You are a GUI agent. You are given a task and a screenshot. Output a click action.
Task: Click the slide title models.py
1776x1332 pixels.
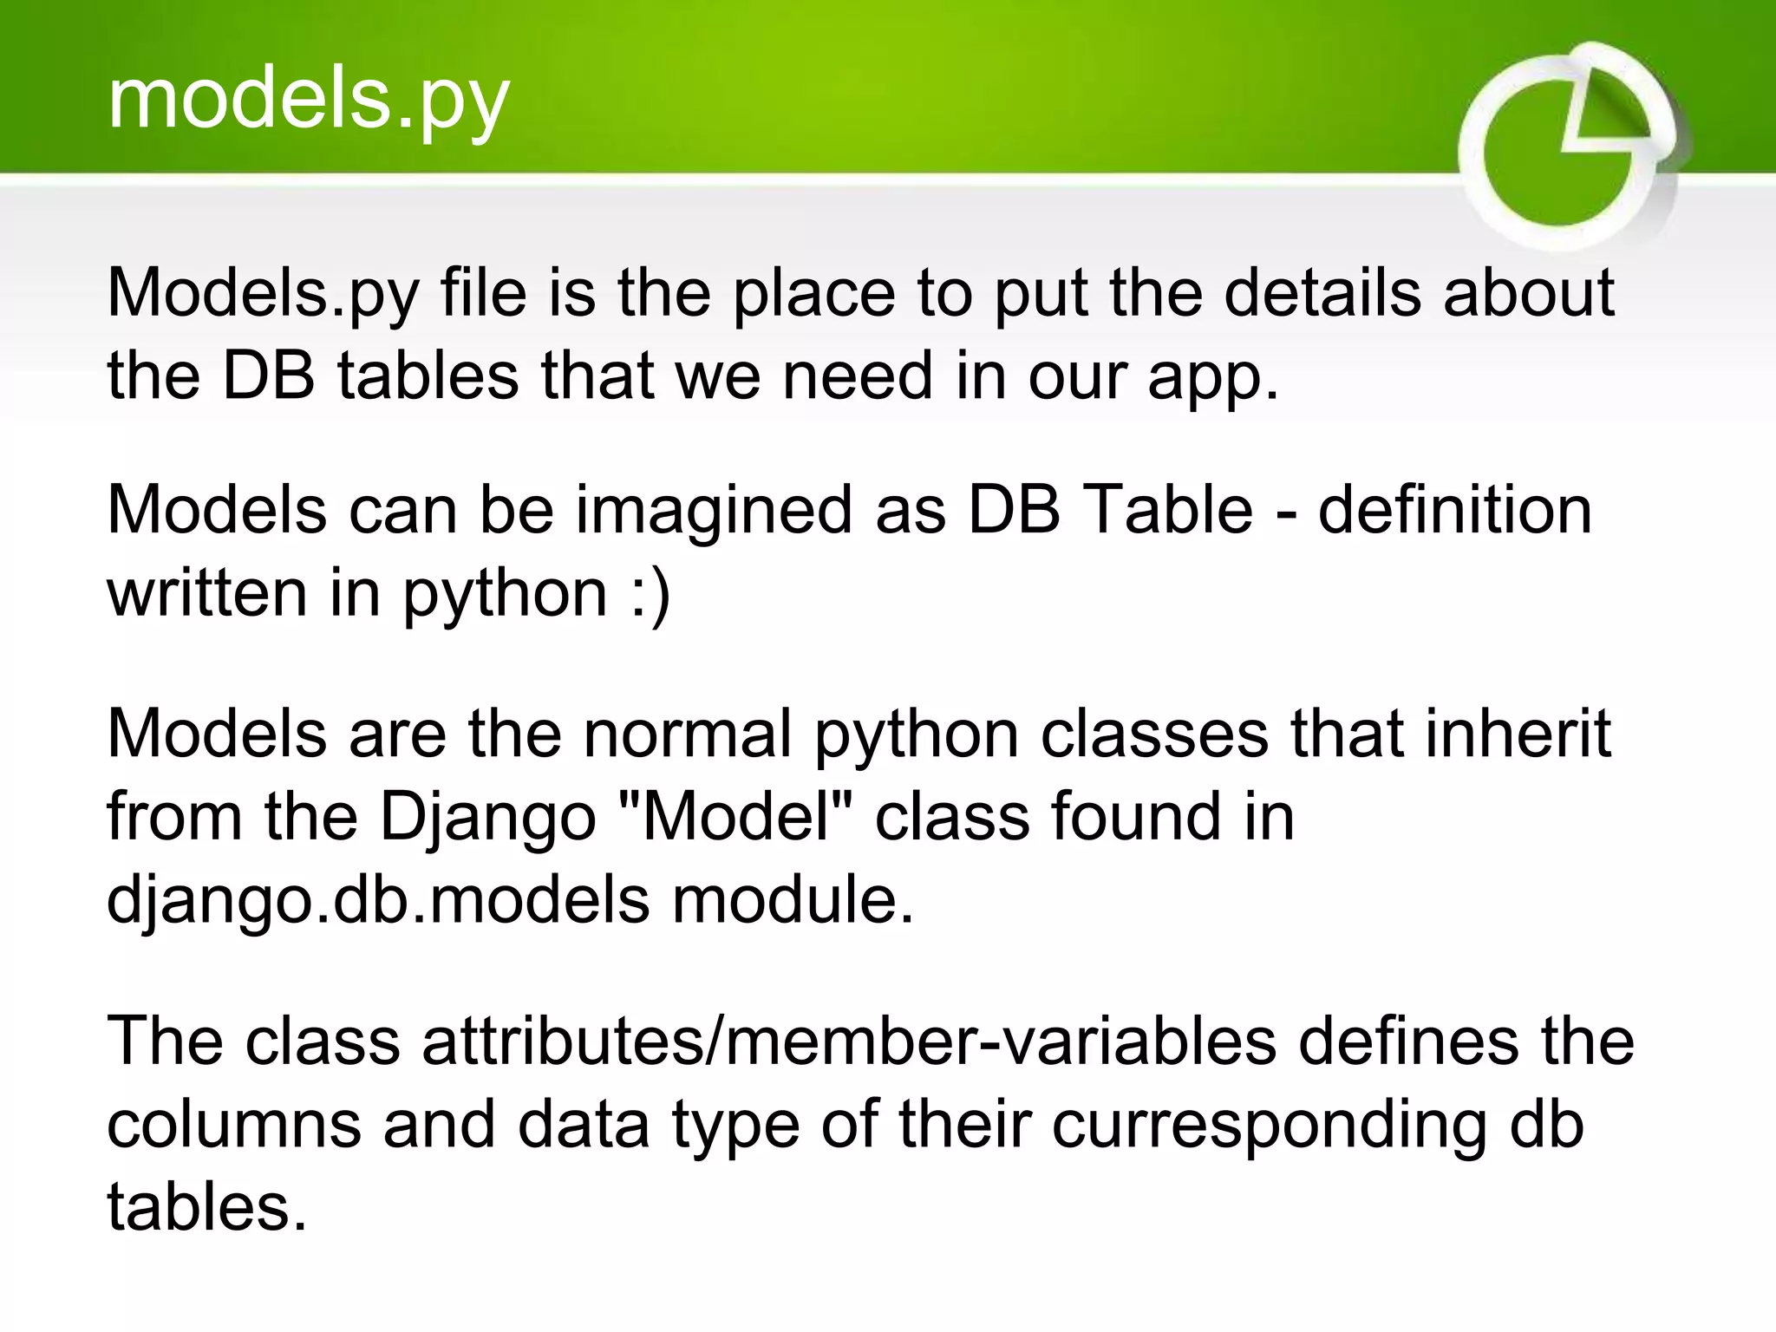(x=308, y=101)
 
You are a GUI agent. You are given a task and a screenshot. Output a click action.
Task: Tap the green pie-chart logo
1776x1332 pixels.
(x=1568, y=146)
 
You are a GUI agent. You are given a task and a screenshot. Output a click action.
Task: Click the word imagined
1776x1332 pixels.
(x=714, y=510)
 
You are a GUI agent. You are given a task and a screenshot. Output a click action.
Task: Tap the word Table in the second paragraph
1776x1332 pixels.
(x=1168, y=510)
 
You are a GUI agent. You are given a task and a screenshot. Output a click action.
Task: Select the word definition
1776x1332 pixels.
(x=1454, y=510)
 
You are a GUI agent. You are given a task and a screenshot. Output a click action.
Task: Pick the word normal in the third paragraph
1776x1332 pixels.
(x=687, y=734)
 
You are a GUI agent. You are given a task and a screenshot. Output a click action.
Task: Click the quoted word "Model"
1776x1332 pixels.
(x=738, y=817)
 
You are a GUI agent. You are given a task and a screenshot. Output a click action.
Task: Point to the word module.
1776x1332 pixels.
(x=793, y=900)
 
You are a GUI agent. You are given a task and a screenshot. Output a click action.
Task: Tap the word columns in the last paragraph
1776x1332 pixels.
(x=233, y=1125)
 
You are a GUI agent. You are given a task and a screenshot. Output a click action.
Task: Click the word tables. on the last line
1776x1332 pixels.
(x=207, y=1207)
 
